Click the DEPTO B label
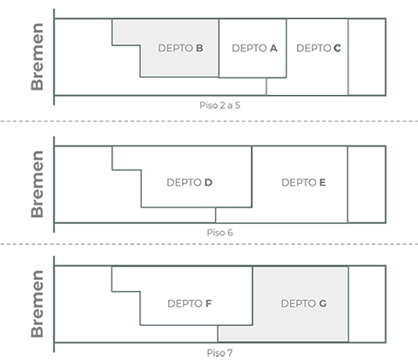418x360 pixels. click(180, 48)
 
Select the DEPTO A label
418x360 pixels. click(254, 48)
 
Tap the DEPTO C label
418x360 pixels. click(319, 48)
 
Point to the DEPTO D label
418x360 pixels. click(189, 182)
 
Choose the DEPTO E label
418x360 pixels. click(303, 182)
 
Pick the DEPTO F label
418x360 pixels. click(189, 303)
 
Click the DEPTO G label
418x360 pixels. click(304, 303)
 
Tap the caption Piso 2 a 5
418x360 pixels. click(219, 105)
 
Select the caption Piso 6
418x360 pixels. click(219, 233)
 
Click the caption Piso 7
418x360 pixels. click(219, 353)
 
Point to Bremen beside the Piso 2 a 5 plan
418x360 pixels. click(37, 57)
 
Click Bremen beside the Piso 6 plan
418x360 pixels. click(37, 184)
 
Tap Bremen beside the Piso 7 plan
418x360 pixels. click(37, 304)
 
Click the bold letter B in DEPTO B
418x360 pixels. click(199, 48)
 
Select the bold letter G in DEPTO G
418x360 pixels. click(323, 303)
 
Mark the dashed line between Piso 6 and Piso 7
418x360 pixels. click(209, 244)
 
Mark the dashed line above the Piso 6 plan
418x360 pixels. click(209, 121)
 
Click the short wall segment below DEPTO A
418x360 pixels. click(266, 86)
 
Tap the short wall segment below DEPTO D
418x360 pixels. click(215, 215)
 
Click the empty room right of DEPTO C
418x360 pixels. click(367, 57)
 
